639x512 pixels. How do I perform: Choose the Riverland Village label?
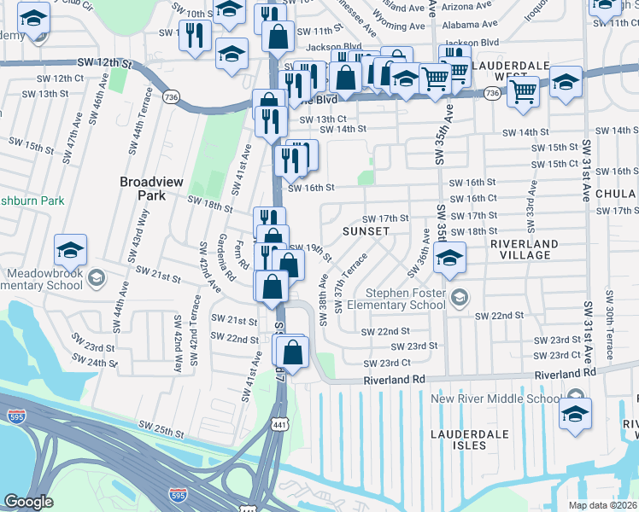524,249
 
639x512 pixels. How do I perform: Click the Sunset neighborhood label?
366,231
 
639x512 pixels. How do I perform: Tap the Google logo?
29,502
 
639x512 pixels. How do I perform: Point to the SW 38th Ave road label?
324,300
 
